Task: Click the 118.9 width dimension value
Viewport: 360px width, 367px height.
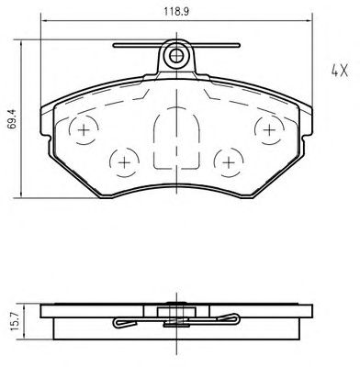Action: [x=176, y=12]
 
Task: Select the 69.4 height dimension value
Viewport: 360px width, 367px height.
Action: [x=13, y=119]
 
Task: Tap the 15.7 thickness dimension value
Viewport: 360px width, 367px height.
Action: [x=15, y=321]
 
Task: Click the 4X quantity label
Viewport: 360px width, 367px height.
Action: [x=340, y=71]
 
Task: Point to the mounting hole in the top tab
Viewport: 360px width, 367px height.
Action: [x=176, y=56]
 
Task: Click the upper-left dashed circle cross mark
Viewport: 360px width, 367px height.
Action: [x=84, y=130]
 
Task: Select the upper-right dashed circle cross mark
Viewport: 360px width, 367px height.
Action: [x=270, y=130]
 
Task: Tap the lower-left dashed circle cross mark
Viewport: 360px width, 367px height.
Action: [x=125, y=162]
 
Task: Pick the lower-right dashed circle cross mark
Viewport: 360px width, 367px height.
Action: [x=229, y=162]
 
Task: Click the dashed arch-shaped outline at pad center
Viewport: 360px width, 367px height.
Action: [x=176, y=107]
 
